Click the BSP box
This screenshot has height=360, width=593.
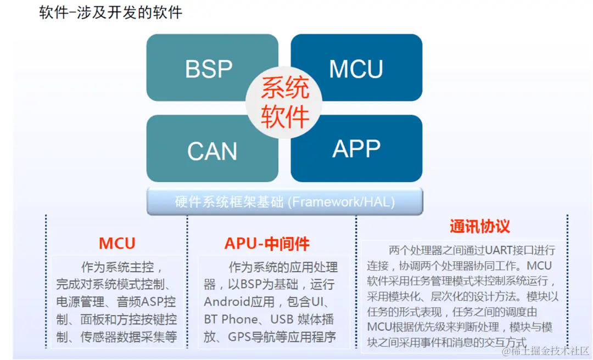pyautogui.click(x=209, y=69)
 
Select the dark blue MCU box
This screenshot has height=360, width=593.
pyautogui.click(x=356, y=69)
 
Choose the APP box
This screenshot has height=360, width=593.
pyautogui.click(x=356, y=149)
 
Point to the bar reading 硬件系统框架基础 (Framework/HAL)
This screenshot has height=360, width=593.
pyautogui.click(x=284, y=201)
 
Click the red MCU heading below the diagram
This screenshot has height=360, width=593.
pyautogui.click(x=117, y=243)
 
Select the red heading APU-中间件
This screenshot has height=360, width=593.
pyautogui.click(x=267, y=243)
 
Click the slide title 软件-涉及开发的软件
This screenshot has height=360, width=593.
pyautogui.click(x=110, y=13)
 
